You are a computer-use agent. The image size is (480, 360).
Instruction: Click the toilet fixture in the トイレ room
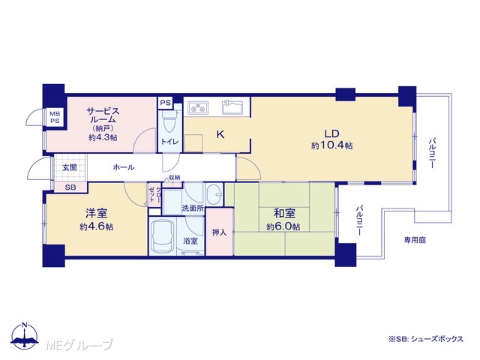click(169, 121)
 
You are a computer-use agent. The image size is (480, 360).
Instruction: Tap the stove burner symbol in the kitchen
click(198, 108)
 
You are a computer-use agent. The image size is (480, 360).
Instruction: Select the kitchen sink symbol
click(232, 106)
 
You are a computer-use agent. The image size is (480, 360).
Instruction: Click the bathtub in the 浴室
click(163, 235)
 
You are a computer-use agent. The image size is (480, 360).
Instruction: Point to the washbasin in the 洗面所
click(214, 194)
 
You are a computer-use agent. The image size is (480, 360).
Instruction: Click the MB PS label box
click(55, 117)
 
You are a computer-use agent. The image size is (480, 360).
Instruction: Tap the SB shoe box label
click(70, 187)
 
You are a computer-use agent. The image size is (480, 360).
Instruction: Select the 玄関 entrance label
click(70, 168)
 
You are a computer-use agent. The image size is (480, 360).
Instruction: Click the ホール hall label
click(124, 167)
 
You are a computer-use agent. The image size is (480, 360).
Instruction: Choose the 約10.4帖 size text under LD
click(331, 145)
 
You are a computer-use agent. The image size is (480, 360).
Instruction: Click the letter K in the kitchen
click(220, 134)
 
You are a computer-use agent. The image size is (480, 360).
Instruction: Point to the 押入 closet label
click(220, 232)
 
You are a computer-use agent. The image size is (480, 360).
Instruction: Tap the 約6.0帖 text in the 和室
click(283, 226)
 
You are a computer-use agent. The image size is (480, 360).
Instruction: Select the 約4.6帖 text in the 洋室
click(97, 226)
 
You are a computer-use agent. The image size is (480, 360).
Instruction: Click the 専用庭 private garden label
click(415, 240)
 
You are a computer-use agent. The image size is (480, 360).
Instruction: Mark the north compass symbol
click(25, 336)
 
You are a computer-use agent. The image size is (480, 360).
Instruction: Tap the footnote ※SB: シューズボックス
click(426, 339)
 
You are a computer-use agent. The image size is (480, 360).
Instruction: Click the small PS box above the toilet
click(165, 103)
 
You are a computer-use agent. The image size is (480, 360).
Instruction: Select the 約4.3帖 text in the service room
click(103, 137)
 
